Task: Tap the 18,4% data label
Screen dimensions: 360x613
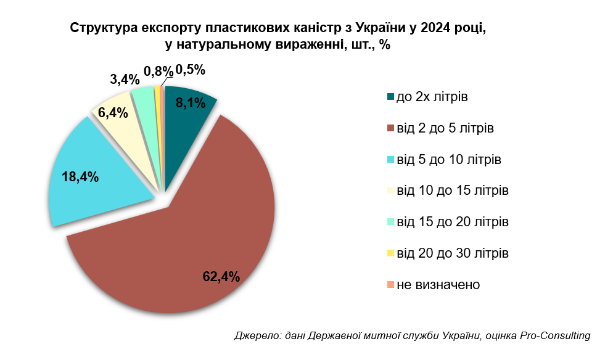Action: (80, 177)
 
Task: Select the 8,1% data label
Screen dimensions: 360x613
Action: (190, 103)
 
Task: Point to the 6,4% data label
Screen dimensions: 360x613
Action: (113, 112)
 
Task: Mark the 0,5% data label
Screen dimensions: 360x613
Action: (190, 70)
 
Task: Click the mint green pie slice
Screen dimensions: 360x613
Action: (146, 102)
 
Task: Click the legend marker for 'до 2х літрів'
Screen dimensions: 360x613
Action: (390, 97)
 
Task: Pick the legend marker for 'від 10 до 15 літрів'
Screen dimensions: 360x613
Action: (390, 190)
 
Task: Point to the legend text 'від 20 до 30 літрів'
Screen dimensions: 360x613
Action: (453, 253)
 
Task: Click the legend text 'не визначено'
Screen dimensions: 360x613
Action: (438, 284)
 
